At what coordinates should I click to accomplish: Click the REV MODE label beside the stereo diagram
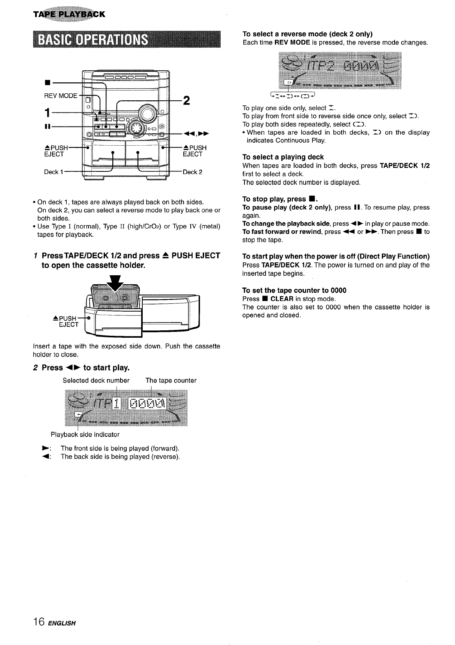61,96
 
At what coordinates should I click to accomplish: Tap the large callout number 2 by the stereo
187,101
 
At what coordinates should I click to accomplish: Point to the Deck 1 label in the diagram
51,172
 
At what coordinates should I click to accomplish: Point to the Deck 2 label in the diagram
193,172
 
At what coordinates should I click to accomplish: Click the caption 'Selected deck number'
96,380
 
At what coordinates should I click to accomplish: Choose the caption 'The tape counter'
171,380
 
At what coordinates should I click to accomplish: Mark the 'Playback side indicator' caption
85,435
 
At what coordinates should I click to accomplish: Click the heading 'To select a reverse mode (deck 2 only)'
307,34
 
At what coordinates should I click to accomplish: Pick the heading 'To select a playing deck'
283,157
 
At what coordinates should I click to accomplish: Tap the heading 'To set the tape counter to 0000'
294,290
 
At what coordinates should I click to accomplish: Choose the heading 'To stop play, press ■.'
278,199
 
